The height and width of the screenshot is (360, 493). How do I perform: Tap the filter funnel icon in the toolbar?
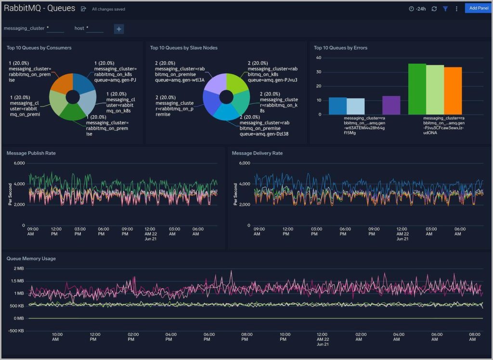point(445,9)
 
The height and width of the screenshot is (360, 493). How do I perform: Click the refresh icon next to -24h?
point(434,9)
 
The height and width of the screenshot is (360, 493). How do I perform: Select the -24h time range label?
point(417,9)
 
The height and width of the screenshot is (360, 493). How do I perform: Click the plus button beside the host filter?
point(119,29)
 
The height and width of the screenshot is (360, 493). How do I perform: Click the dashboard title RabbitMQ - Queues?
point(39,8)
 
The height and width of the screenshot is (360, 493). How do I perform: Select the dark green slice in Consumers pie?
point(73,112)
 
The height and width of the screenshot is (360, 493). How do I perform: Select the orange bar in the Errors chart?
point(453,91)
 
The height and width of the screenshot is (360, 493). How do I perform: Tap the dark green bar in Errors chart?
point(417,89)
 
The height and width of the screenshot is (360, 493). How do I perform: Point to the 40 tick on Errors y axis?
point(318,58)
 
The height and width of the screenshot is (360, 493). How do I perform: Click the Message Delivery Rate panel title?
point(257,153)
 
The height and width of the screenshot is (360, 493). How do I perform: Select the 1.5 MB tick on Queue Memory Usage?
point(17,281)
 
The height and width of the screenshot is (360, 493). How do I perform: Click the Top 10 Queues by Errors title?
point(340,48)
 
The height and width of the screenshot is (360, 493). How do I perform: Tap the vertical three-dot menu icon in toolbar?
point(456,9)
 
